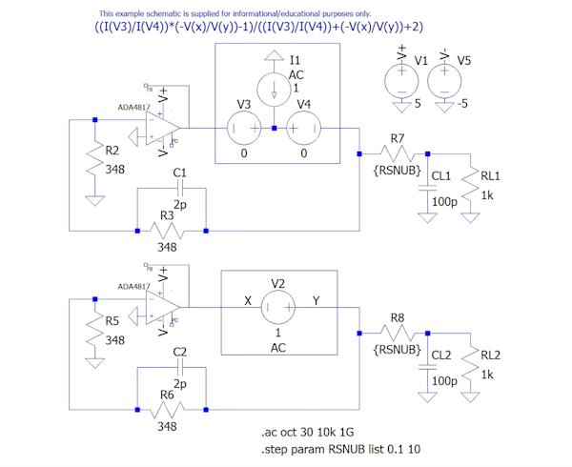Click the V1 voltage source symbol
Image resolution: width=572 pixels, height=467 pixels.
pos(395,80)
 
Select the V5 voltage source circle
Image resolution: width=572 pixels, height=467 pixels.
pos(445,80)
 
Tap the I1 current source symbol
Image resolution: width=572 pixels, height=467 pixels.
pos(276,91)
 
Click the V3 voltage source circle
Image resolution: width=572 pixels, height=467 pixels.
pos(244,128)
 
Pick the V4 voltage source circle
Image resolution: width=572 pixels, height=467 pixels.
pos(304,128)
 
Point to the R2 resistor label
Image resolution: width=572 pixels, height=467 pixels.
pos(112,152)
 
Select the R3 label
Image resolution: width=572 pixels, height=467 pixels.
pos(167,217)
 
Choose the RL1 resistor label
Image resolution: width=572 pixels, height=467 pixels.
pos(490,176)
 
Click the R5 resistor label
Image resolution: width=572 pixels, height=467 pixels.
pos(112,321)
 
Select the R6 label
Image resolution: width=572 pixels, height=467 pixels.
pos(167,395)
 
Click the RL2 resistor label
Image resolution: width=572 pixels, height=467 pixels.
pos(490,355)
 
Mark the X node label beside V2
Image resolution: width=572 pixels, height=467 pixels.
pos(248,300)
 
